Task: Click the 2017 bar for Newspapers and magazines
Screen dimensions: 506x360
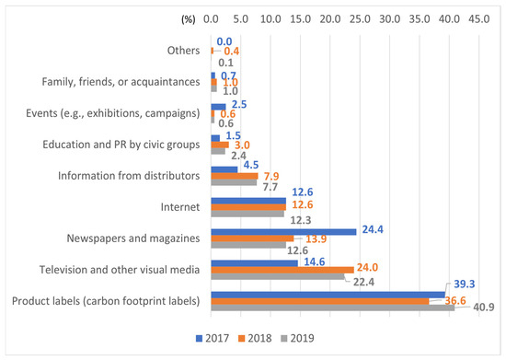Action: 283,232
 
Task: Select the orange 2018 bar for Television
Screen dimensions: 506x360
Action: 282,270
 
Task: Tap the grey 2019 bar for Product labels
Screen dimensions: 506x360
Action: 333,308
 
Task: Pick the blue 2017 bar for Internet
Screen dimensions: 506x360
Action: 248,201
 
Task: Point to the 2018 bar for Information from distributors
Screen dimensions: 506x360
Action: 235,176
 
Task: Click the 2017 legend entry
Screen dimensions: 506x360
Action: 213,338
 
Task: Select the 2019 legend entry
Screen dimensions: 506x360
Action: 297,338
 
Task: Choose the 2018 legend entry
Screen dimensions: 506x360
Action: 255,338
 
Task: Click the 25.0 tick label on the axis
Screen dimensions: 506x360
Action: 360,19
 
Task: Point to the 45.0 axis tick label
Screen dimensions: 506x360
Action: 479,19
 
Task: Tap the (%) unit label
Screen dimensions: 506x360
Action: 189,19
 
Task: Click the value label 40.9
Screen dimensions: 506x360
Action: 484,307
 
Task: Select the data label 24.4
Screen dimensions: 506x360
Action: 373,229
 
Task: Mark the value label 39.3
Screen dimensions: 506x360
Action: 465,284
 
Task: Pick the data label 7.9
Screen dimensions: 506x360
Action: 271,176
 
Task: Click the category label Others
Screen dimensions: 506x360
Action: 183,51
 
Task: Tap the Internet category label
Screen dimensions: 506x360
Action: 180,207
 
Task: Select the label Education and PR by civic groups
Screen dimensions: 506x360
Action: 121,145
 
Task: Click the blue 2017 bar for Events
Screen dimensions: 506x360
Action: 218,107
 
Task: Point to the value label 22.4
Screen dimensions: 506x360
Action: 363,282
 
